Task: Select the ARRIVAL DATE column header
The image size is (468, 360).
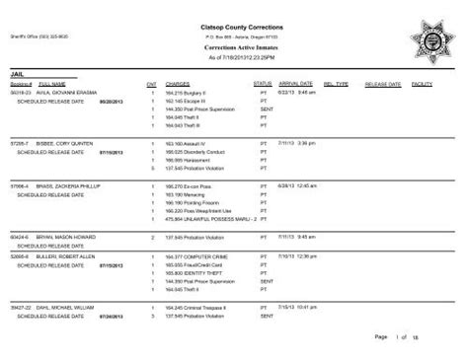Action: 297,85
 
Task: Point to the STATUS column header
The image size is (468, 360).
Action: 262,85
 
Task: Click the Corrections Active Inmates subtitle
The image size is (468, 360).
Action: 234,46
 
